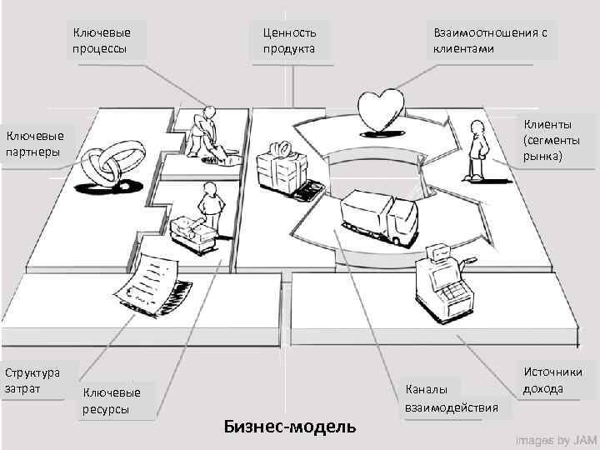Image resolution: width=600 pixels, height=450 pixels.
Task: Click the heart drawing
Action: (x=381, y=109)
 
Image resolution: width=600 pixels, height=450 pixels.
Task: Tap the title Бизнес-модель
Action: (x=290, y=426)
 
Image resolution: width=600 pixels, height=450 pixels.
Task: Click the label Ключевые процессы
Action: (x=102, y=40)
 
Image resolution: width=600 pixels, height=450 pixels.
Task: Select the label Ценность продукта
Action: (x=289, y=40)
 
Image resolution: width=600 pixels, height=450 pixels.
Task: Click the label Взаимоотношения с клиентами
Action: (x=490, y=40)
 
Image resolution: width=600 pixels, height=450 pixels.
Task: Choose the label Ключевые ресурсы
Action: (x=112, y=400)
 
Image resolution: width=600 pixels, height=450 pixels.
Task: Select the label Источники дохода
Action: (x=552, y=380)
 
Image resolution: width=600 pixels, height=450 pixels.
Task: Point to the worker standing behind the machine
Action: (x=209, y=211)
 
